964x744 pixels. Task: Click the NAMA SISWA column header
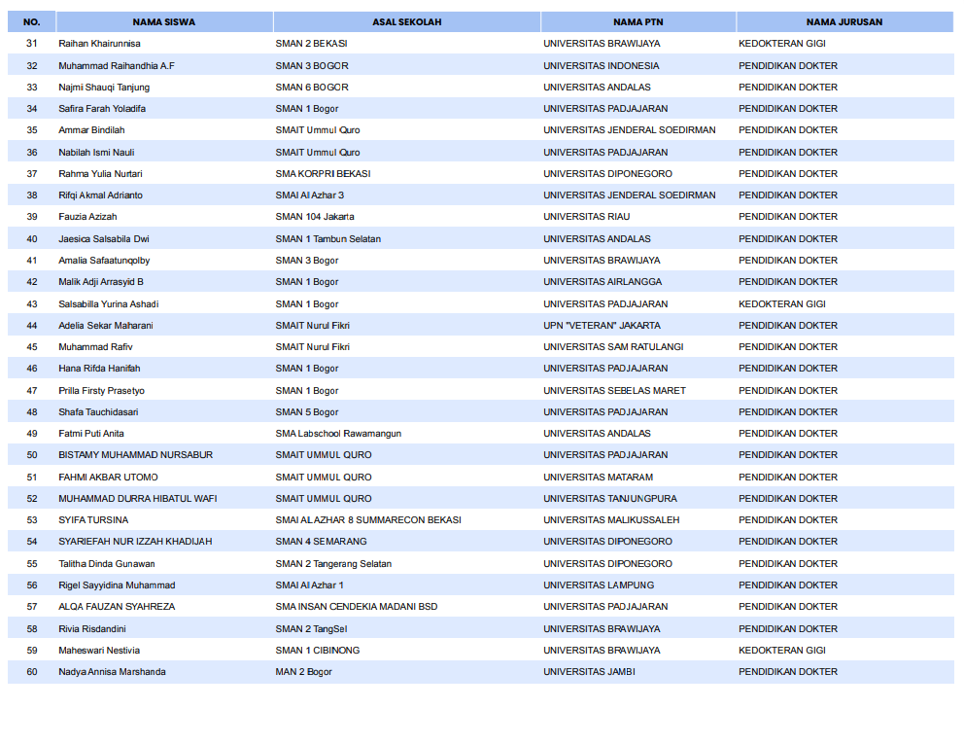coord(163,21)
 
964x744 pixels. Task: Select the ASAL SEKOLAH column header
coord(406,21)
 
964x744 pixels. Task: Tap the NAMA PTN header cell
coord(637,21)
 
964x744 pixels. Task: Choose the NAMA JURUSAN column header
coord(843,21)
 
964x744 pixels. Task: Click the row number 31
coord(32,44)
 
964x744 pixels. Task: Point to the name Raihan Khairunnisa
coord(99,44)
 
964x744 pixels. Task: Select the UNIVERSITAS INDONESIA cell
coord(601,65)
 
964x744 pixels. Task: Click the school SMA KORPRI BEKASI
coord(323,174)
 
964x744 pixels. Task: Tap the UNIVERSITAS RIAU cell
coord(586,217)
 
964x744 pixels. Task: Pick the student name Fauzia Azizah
coord(88,217)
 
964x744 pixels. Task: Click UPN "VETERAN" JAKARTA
coord(602,326)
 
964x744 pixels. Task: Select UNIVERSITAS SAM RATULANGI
coord(613,347)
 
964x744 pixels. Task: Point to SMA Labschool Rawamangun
coord(338,434)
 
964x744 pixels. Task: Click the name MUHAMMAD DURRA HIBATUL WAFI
coord(137,499)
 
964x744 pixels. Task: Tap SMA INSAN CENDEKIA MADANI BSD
coord(356,607)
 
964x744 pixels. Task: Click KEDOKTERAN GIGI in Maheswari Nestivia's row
coord(781,651)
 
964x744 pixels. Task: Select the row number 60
coord(32,672)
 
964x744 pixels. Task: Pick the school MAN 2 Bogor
coord(303,672)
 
